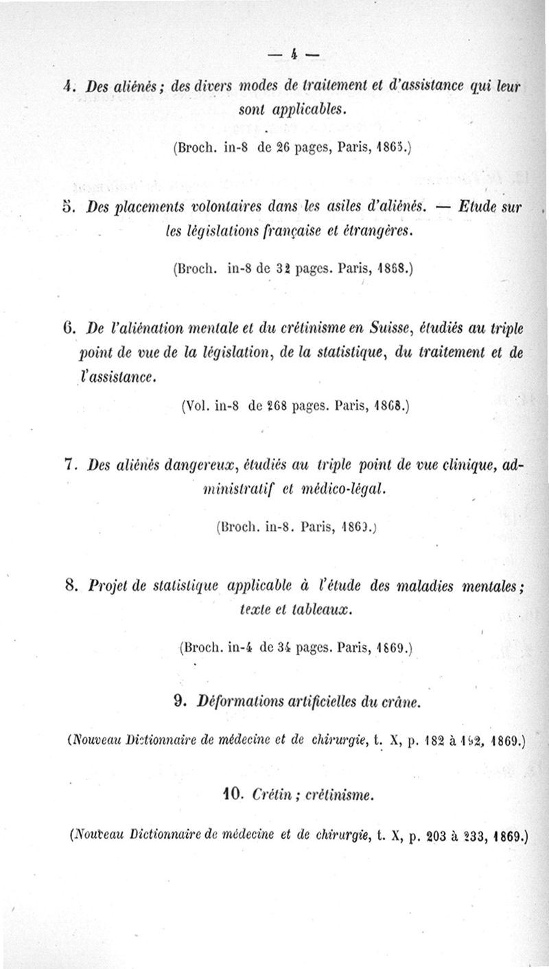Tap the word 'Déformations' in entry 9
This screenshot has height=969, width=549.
click(240, 702)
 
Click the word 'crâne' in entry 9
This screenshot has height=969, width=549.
click(399, 702)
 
